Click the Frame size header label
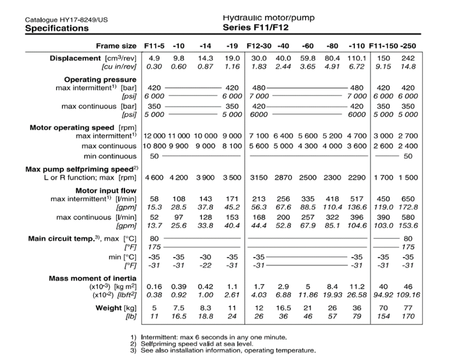tap(116, 45)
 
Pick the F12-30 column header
tap(259, 45)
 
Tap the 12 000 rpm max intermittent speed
tap(153, 136)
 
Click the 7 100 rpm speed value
tap(258, 136)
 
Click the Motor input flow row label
tap(106, 190)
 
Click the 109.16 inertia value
tap(410, 296)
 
